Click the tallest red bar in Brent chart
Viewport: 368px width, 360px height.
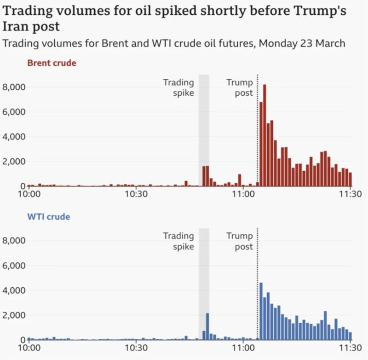pyautogui.click(x=264, y=136)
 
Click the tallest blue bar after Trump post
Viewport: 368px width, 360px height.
pyautogui.click(x=261, y=311)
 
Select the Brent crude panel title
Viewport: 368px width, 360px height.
pyautogui.click(x=52, y=63)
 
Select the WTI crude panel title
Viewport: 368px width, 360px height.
pyautogui.click(x=48, y=217)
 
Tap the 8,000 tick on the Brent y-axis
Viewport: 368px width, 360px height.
pyautogui.click(x=14, y=87)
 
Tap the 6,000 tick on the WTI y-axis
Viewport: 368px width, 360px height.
pyautogui.click(x=14, y=266)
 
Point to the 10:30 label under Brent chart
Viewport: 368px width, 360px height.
pyautogui.click(x=136, y=194)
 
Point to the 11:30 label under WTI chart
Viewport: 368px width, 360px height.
pyautogui.click(x=351, y=348)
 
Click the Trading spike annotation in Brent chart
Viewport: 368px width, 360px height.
pyautogui.click(x=178, y=87)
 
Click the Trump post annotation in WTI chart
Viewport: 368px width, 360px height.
pyautogui.click(x=239, y=241)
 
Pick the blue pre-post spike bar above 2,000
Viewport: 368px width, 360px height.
pyautogui.click(x=207, y=326)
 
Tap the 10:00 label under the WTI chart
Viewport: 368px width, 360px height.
pyautogui.click(x=29, y=348)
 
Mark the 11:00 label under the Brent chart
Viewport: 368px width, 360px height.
pyautogui.click(x=243, y=194)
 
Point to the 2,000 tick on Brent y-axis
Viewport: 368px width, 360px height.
pyautogui.click(x=14, y=162)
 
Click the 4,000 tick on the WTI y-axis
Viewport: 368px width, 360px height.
pyautogui.click(x=14, y=290)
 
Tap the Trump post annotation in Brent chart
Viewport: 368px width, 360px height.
pyautogui.click(x=239, y=87)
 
